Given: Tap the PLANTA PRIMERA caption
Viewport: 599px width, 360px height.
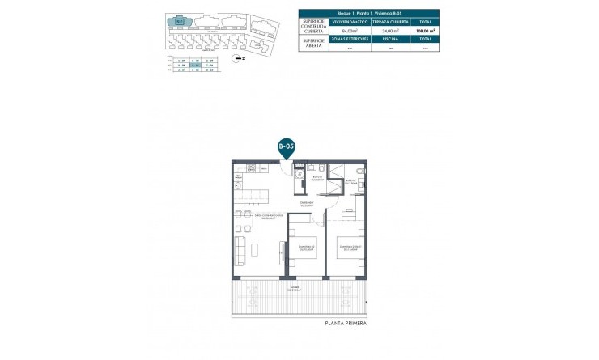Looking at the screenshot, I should point(345,323).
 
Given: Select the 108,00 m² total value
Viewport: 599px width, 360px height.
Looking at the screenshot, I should point(421,31).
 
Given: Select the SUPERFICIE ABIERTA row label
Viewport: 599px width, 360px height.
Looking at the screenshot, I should point(312,42).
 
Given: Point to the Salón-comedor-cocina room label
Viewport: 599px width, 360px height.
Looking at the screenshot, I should point(266,217).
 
